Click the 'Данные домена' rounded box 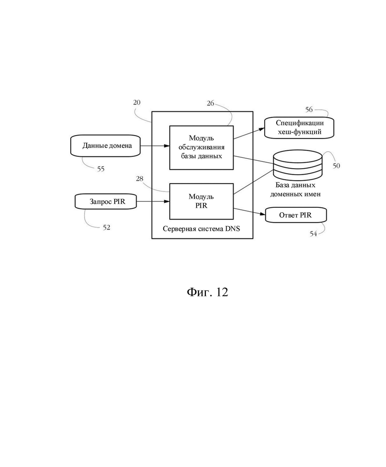[105, 145]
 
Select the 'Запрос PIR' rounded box [106, 202]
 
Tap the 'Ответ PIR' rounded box [296, 215]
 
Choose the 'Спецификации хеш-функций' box [299, 128]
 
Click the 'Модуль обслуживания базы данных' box [201, 147]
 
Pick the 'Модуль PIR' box [201, 201]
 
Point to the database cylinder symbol [298, 165]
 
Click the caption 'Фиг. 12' [207, 292]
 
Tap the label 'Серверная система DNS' [201, 229]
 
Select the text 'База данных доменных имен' [295, 190]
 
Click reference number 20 [137, 102]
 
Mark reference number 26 [211, 103]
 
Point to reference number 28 [140, 179]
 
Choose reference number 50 [336, 166]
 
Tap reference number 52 [106, 228]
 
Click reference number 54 [313, 234]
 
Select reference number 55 [101, 169]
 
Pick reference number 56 [309, 110]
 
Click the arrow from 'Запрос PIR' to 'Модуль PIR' [153, 202]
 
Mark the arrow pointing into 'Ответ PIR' [249, 211]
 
